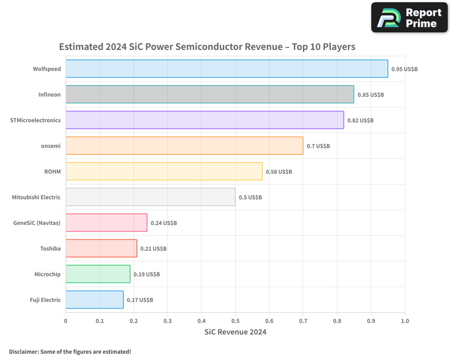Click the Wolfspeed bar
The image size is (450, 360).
tap(227, 68)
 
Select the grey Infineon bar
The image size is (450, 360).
tap(210, 94)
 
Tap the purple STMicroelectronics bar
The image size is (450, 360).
tap(205, 120)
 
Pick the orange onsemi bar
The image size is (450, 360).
tap(184, 145)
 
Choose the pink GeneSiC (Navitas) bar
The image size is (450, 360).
tap(107, 222)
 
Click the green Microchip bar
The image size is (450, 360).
tap(98, 274)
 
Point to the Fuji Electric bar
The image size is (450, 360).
tap(94, 300)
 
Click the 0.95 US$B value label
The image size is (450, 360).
tap(405, 69)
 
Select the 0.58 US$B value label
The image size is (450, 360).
tap(279, 171)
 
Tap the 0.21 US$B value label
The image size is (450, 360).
tap(153, 248)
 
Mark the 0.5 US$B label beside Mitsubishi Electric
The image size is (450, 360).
tap(251, 198)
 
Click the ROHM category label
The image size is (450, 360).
tap(53, 171)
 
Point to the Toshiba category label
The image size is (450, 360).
tap(50, 248)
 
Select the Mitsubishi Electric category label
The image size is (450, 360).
tap(36, 197)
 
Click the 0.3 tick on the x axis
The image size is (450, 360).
tap(167, 321)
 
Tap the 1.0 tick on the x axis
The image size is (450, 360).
tap(405, 321)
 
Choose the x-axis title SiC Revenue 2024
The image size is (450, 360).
tap(235, 332)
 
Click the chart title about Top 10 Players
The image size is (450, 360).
tap(207, 47)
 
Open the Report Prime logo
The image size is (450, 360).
tap(409, 18)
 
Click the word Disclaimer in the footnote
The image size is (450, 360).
tap(24, 351)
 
